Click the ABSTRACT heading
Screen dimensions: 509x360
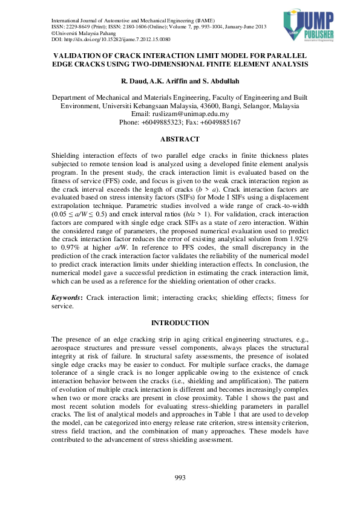pyautogui.click(x=180, y=139)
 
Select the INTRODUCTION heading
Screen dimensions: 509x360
pyautogui.click(x=180, y=323)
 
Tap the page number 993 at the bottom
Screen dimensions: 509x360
pyautogui.click(x=180, y=478)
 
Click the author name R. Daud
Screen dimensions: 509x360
pyautogui.click(x=135, y=80)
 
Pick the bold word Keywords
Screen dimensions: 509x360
pyautogui.click(x=67, y=298)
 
